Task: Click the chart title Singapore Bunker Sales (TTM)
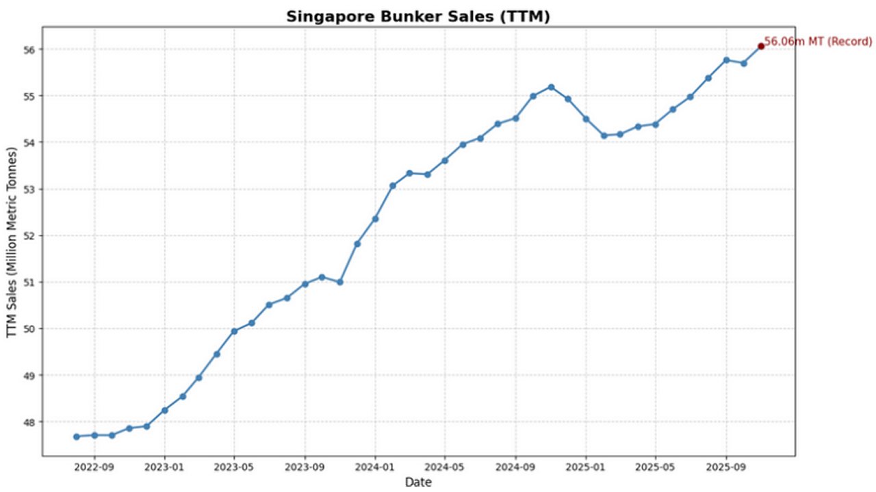[x=417, y=16]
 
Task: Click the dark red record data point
[x=760, y=46]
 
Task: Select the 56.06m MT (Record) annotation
[x=818, y=42]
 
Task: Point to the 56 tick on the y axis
[x=31, y=49]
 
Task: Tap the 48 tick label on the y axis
[x=31, y=422]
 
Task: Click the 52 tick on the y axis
[x=31, y=235]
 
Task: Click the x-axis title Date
[x=417, y=482]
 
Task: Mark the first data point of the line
[x=77, y=437]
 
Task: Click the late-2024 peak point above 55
[x=551, y=87]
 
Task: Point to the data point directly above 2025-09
[x=726, y=60]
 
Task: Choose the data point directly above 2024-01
[x=375, y=218]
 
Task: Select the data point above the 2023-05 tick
[x=234, y=331]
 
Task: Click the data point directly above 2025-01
[x=586, y=118]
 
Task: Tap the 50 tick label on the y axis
[x=31, y=328]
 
